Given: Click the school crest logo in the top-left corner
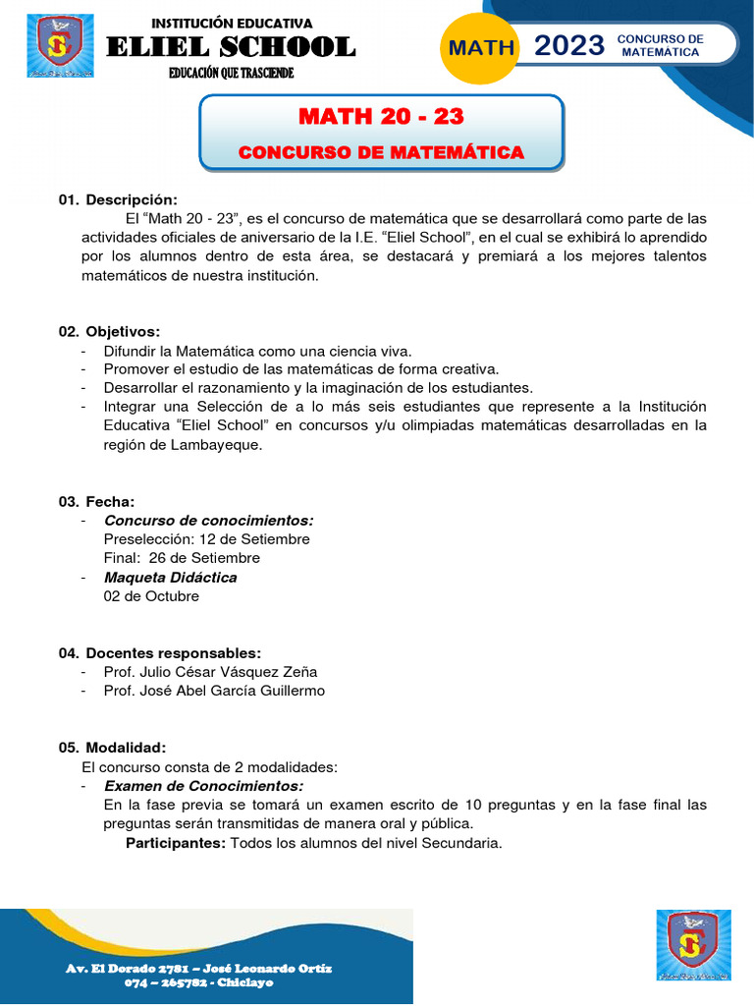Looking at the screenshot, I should [60, 46].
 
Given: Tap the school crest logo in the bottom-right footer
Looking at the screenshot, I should [693, 945].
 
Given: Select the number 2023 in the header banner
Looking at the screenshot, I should [568, 45].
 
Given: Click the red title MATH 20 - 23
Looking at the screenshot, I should [381, 117].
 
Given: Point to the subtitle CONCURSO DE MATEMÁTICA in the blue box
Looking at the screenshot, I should [381, 152].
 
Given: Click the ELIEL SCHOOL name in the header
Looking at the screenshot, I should [231, 47].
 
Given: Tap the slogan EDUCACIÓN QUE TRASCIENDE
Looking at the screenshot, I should [231, 74].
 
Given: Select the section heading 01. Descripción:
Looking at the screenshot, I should [118, 199].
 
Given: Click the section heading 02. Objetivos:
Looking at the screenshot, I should [109, 331].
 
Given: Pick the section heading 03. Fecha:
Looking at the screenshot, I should [96, 502].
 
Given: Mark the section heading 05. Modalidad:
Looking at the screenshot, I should [112, 748].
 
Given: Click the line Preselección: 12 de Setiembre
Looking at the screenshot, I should [206, 539].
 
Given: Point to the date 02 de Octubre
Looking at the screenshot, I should [151, 596].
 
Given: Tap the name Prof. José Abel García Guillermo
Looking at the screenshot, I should [214, 691].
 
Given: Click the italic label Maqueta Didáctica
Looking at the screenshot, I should [170, 578].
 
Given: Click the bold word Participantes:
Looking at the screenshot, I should [176, 843].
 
